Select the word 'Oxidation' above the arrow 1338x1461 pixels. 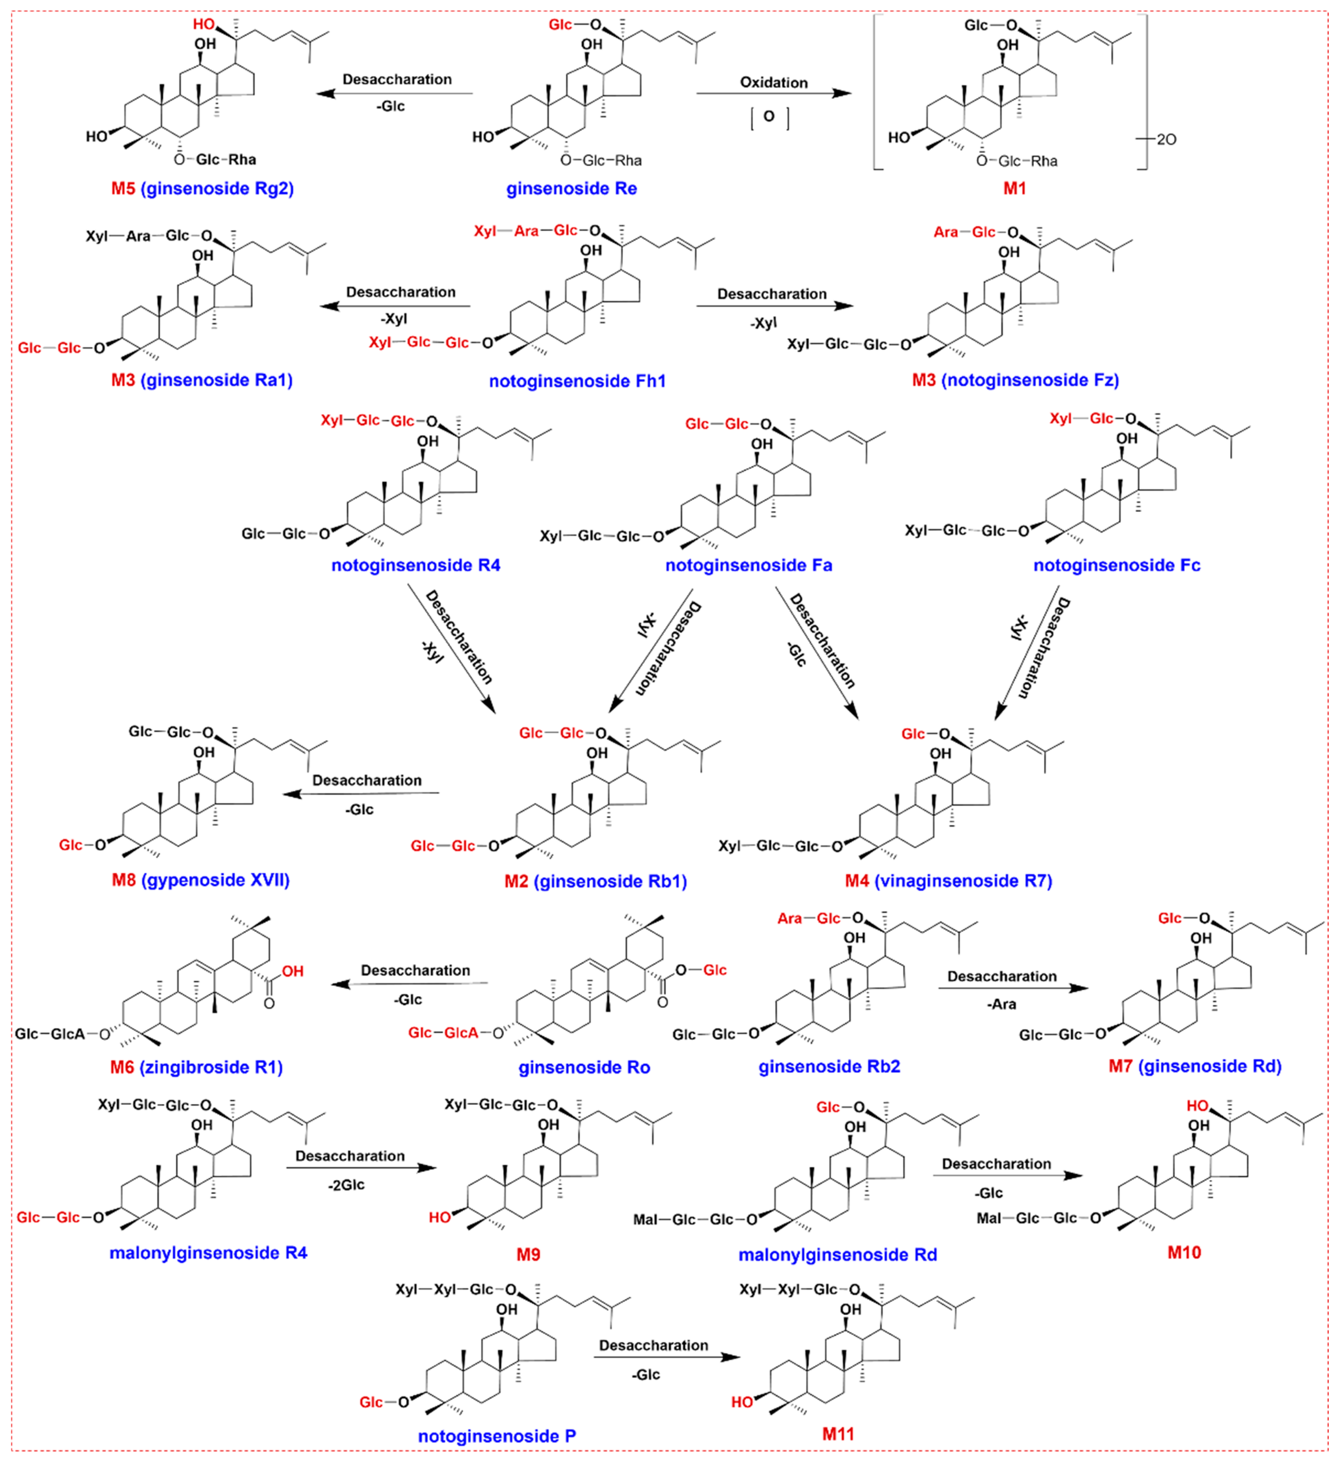[x=773, y=82]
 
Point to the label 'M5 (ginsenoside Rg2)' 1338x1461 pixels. [x=202, y=189]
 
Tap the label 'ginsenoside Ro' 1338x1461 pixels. [x=584, y=1068]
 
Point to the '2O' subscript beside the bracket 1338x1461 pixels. [x=1166, y=139]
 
